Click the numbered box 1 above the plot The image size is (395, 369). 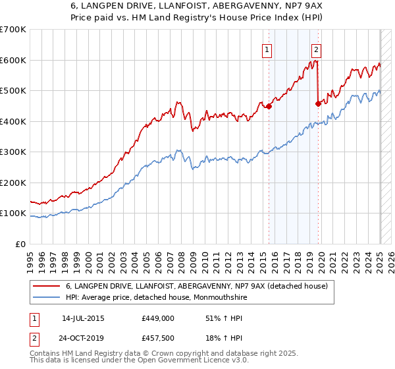[267, 49]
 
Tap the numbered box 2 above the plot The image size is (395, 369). [317, 49]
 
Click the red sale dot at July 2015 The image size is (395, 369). [269, 107]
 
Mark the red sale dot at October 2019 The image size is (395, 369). [319, 103]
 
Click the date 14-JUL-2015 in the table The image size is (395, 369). [83, 318]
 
